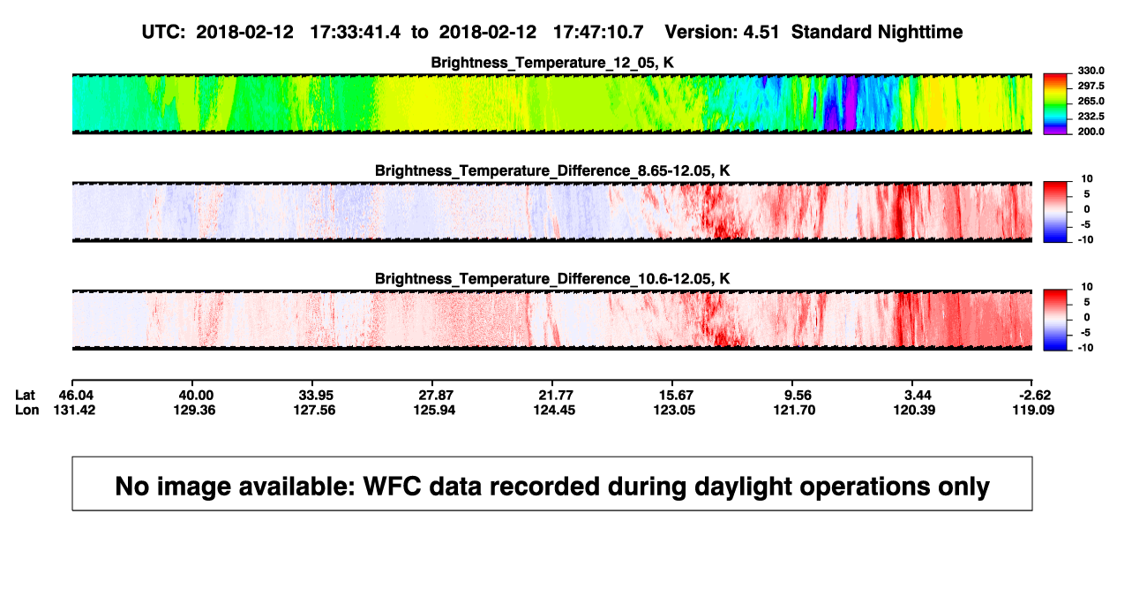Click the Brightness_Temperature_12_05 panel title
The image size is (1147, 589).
(x=552, y=63)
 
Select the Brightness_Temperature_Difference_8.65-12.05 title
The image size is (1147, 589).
(x=552, y=170)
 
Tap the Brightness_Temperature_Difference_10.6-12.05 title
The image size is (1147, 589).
(x=552, y=279)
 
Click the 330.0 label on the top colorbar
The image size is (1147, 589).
(x=1091, y=71)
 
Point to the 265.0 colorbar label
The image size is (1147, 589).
(x=1091, y=101)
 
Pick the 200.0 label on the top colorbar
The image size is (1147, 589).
(x=1091, y=132)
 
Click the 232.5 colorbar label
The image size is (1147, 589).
(x=1091, y=117)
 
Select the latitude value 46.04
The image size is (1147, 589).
(x=76, y=396)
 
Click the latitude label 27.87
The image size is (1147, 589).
(x=436, y=396)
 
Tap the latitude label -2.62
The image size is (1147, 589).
(x=1034, y=396)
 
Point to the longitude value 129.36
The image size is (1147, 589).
(x=194, y=410)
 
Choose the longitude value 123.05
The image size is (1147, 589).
(x=674, y=410)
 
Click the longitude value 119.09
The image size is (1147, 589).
(x=1033, y=410)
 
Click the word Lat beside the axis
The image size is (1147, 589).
(x=25, y=396)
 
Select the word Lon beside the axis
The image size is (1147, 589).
(x=26, y=410)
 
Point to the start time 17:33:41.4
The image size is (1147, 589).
(x=356, y=33)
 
